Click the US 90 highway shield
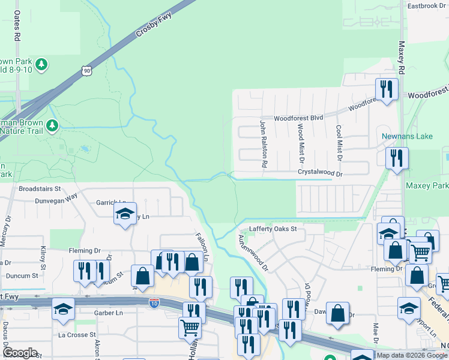(x=88, y=71)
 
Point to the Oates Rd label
(x=17, y=26)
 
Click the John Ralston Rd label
(x=263, y=143)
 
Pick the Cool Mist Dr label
(x=339, y=143)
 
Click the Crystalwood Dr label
(x=320, y=173)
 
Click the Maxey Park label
(x=427, y=186)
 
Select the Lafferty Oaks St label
(x=273, y=229)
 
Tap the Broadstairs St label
(x=40, y=188)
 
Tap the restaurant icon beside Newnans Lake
(x=397, y=158)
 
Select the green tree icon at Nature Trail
(x=53, y=125)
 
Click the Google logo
(x=20, y=353)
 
